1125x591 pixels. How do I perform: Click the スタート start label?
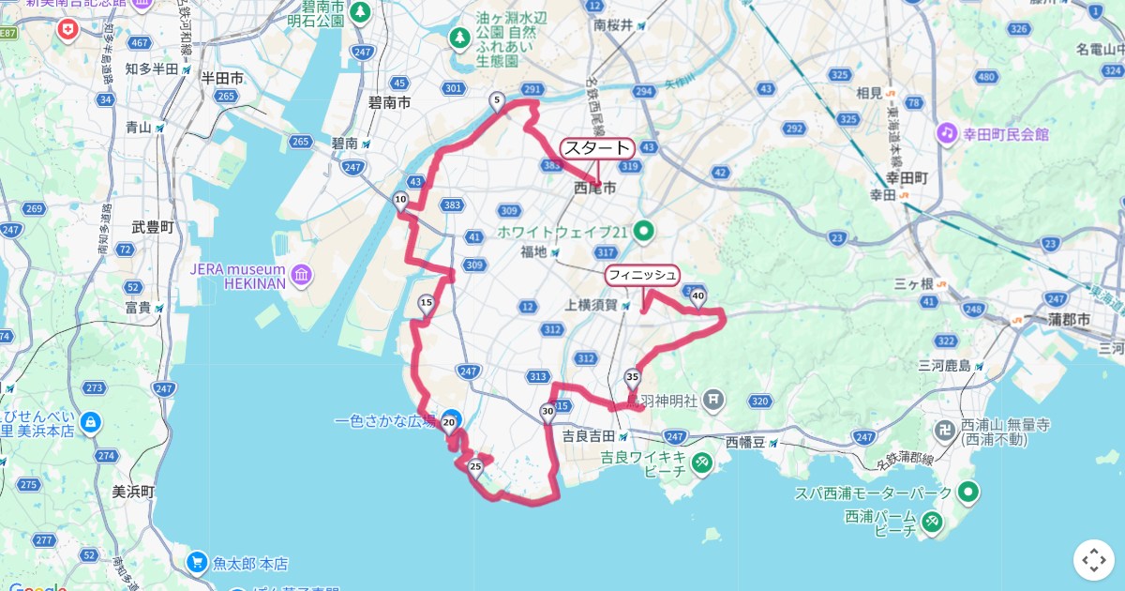(597, 148)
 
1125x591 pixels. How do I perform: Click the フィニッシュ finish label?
(642, 275)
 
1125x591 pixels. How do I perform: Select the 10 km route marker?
(400, 199)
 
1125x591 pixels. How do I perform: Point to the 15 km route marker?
(427, 302)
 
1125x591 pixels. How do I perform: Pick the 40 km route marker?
(697, 296)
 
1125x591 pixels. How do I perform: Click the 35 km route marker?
(632, 377)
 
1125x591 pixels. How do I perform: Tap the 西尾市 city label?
(595, 189)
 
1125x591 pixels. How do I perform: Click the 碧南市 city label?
(389, 102)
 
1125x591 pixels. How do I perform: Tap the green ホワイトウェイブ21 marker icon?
(644, 230)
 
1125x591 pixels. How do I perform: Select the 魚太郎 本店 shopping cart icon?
(197, 562)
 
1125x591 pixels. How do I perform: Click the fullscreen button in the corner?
(1094, 560)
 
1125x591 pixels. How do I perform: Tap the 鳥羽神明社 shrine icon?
(713, 401)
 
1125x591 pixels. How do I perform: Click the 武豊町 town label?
(154, 227)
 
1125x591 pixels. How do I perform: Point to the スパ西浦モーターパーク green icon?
(967, 492)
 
